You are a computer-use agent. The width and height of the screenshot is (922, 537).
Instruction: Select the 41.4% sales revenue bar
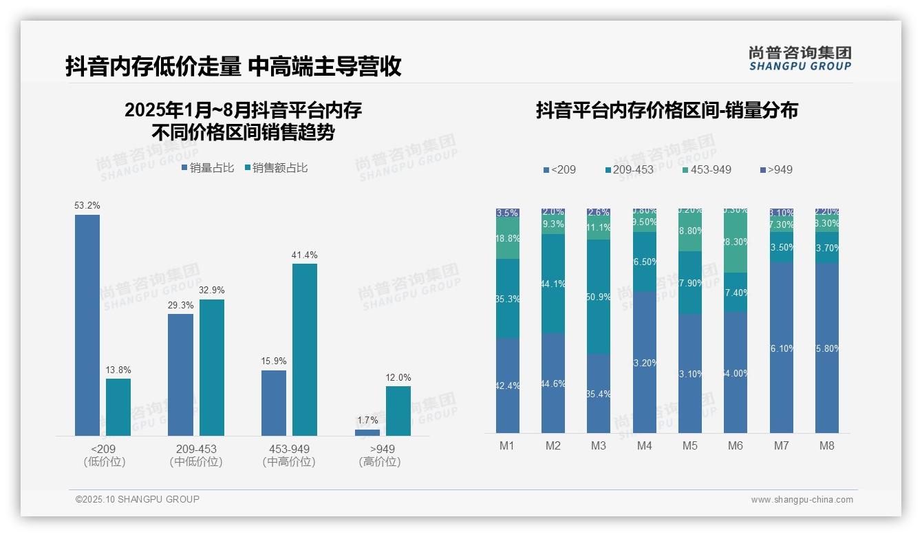305,350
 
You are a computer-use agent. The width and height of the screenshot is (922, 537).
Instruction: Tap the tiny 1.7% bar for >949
367,432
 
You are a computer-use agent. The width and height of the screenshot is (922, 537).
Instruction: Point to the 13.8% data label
118,370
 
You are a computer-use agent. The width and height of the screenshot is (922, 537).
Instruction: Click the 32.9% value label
211,291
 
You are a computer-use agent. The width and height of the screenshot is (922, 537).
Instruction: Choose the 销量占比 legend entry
208,168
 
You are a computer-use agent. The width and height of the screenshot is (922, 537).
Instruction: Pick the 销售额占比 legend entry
276,168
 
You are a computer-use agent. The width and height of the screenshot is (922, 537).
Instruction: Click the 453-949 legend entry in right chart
707,169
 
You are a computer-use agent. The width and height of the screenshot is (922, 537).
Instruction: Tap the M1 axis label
507,445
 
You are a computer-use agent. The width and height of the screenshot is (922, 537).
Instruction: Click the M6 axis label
736,445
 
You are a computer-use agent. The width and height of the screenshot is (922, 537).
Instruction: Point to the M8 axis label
827,445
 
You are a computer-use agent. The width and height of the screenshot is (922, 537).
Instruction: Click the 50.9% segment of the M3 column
599,297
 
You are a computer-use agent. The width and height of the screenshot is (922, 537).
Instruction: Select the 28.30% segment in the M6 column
736,242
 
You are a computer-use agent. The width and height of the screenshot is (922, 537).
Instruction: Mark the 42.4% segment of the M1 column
507,386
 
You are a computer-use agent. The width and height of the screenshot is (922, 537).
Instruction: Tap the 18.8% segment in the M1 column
507,238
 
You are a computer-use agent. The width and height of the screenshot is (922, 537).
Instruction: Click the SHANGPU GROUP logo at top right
800,59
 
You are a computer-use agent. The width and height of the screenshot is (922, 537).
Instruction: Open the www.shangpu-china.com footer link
802,500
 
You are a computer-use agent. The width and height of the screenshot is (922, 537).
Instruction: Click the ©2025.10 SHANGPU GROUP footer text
138,499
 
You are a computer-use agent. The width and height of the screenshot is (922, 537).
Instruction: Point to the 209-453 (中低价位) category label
196,455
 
